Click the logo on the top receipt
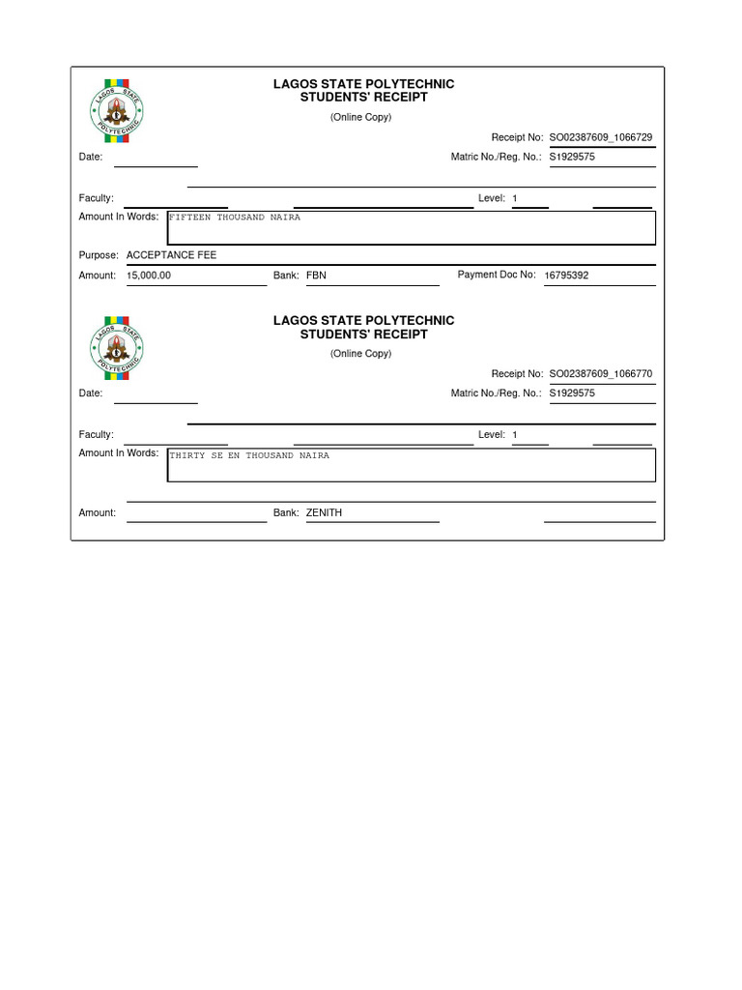[116, 108]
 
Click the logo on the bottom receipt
[116, 345]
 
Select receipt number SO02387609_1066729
[601, 138]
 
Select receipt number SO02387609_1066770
[601, 374]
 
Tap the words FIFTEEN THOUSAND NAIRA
[235, 218]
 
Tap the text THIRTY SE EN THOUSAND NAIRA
[249, 455]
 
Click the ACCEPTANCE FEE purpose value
[172, 255]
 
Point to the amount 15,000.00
[149, 276]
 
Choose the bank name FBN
[316, 276]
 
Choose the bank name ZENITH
[324, 512]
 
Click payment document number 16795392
[566, 276]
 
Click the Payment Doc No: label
[496, 275]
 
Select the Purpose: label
[99, 255]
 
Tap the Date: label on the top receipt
[91, 157]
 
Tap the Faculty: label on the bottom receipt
[96, 435]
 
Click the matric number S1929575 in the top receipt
[572, 157]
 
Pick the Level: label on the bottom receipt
[492, 435]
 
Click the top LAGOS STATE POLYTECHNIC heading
[363, 84]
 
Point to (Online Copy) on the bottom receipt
[360, 354]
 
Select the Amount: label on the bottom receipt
[97, 512]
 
